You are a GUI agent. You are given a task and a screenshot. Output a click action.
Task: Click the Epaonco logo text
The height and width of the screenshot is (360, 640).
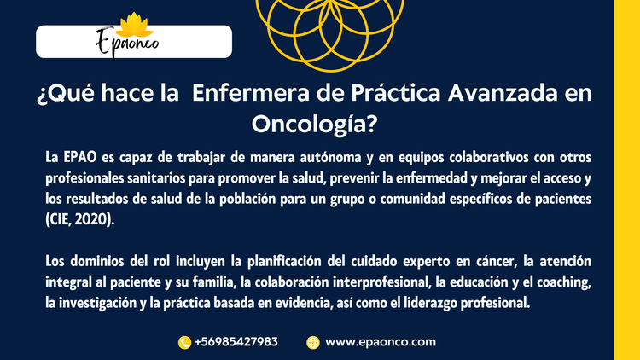pyautogui.click(x=127, y=43)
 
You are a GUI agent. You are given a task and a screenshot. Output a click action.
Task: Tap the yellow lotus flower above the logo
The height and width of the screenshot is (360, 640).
pyautogui.click(x=134, y=25)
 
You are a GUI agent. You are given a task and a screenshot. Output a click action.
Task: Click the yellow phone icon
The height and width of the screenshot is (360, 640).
pyautogui.click(x=184, y=342)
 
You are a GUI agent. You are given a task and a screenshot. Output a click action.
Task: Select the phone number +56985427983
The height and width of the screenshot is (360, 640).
pyautogui.click(x=236, y=341)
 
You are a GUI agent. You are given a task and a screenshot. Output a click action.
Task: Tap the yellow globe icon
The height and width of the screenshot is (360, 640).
pyautogui.click(x=313, y=342)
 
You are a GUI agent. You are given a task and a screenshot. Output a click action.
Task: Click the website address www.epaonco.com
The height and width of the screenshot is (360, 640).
pyautogui.click(x=381, y=342)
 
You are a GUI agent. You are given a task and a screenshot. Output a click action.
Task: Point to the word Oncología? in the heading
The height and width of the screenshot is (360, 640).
pyautogui.click(x=314, y=124)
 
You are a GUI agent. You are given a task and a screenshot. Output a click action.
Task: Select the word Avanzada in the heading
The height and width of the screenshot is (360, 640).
pyautogui.click(x=503, y=93)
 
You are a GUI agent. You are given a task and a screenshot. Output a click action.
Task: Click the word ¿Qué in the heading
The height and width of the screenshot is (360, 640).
pyautogui.click(x=65, y=94)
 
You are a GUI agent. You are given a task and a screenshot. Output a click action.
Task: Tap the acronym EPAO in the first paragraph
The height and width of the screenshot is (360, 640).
pyautogui.click(x=80, y=157)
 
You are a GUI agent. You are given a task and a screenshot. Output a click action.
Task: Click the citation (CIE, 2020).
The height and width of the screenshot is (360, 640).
pyautogui.click(x=80, y=219)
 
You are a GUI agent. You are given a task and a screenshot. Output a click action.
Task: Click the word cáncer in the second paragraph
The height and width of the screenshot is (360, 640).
pyautogui.click(x=497, y=261)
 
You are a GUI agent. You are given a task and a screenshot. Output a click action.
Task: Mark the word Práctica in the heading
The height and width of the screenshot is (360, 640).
pyautogui.click(x=396, y=93)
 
